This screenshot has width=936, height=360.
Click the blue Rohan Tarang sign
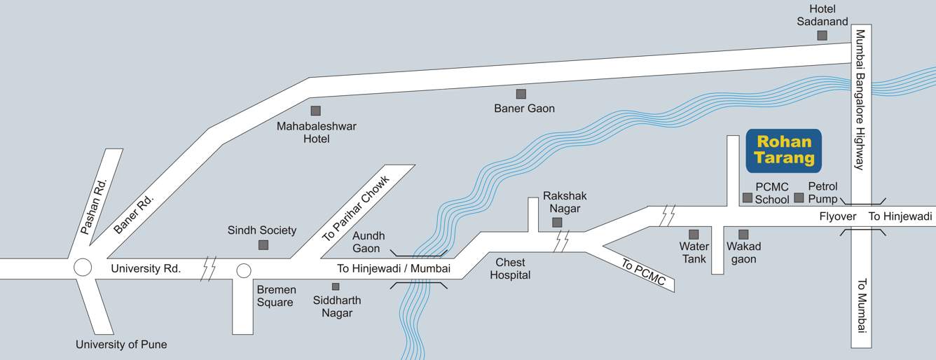coord(783,151)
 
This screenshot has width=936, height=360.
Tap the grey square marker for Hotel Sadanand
coord(822,35)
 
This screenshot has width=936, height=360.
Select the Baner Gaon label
coord(524,109)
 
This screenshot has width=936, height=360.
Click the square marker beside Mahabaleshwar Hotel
coord(316,111)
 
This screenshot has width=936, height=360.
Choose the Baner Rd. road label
coord(133,214)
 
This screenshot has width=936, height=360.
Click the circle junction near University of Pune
coord(83,268)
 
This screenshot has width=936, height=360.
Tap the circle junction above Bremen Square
coord(244,270)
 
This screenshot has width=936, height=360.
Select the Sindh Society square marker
coord(263,244)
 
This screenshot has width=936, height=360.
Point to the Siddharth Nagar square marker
coord(336,286)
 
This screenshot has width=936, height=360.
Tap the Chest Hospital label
coord(510,269)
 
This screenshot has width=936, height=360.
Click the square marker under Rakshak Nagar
coord(557,223)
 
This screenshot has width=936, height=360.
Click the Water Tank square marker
coord(694,234)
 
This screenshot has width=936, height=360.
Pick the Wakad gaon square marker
coord(743,234)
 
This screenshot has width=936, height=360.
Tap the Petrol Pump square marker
coord(799,198)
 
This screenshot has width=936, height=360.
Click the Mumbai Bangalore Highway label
coord(860,99)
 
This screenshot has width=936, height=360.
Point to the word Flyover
coord(838,216)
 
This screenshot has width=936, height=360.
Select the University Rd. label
coord(146,268)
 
